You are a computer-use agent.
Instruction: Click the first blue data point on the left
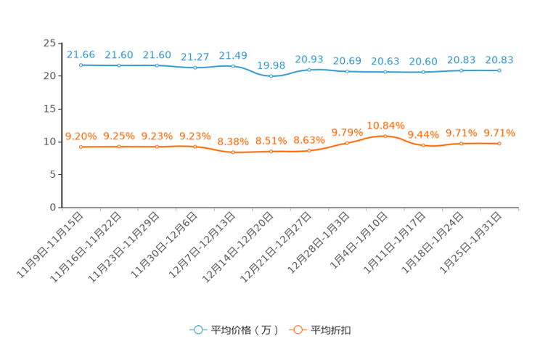pos(81,65)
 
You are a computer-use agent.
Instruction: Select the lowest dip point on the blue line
pos(271,75)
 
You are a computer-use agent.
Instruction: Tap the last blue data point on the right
pos(499,70)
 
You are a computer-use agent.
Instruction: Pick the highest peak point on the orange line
pos(385,135)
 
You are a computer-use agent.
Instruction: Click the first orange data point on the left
pos(81,147)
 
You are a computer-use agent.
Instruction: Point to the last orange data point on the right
pos(499,144)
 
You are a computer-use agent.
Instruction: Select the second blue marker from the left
pos(119,66)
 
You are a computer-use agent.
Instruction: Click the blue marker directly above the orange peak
pos(385,72)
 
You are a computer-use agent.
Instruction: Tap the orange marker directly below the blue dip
pos(271,152)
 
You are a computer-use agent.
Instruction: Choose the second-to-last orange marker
pos(461,144)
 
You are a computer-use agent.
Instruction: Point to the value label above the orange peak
pos(385,125)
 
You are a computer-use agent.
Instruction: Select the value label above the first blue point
pos(81,54)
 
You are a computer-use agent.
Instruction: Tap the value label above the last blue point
pos(499,60)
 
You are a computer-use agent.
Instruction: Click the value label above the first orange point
pos(81,136)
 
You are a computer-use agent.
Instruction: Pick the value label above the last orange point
pos(499,133)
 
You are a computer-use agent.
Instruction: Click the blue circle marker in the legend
pos(197,330)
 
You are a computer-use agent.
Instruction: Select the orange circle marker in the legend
pos(297,330)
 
